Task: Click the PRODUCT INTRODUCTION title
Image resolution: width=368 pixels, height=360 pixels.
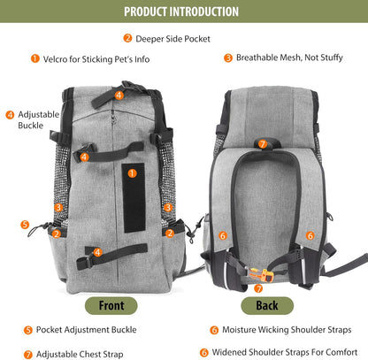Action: tap(181, 11)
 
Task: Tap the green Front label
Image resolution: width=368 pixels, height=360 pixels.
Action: tap(111, 306)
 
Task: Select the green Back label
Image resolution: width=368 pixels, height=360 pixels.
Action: tap(267, 306)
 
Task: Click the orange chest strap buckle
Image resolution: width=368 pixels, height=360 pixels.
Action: tap(261, 275)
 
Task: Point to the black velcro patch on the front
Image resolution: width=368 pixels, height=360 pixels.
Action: tap(134, 198)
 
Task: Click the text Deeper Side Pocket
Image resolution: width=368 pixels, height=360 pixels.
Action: tap(172, 39)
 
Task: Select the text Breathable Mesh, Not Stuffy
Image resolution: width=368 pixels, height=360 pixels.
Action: tap(289, 57)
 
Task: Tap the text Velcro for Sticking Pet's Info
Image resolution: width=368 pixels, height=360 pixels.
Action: tap(96, 59)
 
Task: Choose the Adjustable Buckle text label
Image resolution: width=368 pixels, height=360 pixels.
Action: tap(38, 119)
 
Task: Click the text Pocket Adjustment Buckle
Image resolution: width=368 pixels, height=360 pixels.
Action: tap(86, 330)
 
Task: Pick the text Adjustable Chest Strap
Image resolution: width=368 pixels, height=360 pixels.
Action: tap(80, 354)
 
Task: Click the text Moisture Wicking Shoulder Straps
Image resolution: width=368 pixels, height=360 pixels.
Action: tap(287, 330)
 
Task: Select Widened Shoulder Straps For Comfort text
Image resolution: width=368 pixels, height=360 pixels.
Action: tap(285, 352)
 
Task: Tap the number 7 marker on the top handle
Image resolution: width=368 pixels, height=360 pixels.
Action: tap(263, 144)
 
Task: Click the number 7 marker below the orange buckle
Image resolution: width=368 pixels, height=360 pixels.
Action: tap(258, 288)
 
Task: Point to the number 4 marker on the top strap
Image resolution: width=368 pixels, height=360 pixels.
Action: tap(119, 96)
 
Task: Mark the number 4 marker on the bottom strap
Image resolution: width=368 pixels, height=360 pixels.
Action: tap(97, 252)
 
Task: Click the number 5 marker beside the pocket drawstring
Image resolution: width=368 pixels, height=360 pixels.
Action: tap(25, 225)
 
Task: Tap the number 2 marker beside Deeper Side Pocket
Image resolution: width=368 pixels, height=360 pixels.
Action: tap(127, 38)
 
